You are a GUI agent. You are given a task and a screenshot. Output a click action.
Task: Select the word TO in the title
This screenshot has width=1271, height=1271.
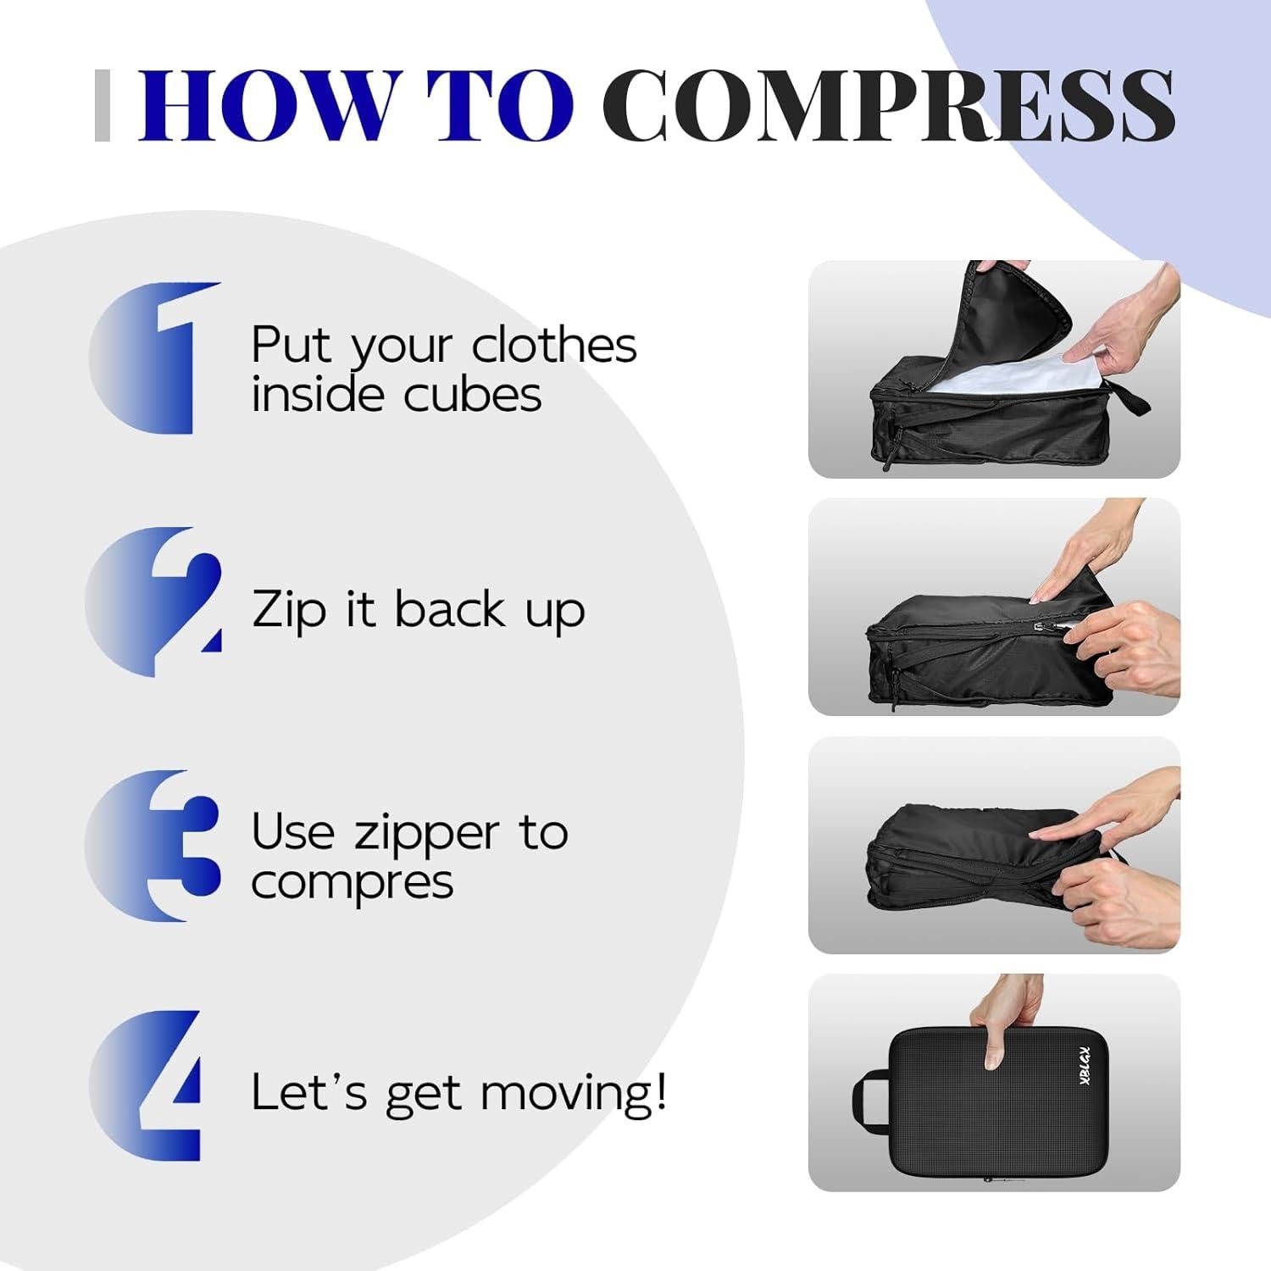(500, 105)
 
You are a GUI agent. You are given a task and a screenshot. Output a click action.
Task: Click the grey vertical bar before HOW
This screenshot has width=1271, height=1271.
(103, 105)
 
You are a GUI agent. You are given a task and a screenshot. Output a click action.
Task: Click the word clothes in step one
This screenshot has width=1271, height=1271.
(553, 345)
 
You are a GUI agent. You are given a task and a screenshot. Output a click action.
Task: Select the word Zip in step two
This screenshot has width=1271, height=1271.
(289, 610)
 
